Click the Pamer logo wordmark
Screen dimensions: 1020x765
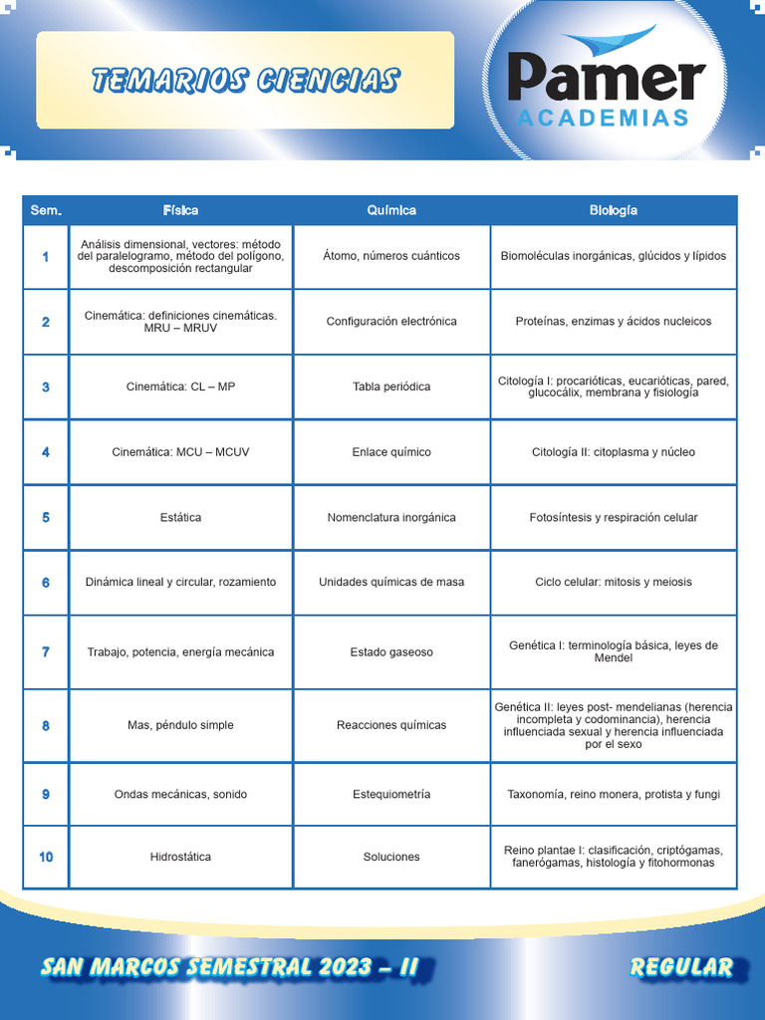(x=606, y=78)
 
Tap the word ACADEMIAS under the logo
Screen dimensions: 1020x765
(x=604, y=119)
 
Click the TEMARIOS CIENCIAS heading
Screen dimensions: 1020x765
(x=245, y=81)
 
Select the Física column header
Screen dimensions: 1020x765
(x=180, y=210)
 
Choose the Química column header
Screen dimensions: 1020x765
(x=391, y=210)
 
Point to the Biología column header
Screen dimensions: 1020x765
(x=613, y=210)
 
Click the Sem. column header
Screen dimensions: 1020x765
(x=46, y=210)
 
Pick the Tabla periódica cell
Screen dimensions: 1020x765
(x=391, y=386)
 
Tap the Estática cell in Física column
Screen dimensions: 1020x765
(x=180, y=517)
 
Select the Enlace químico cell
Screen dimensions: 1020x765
(x=391, y=452)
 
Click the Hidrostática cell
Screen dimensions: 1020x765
(x=180, y=857)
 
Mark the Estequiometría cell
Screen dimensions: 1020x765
(x=391, y=794)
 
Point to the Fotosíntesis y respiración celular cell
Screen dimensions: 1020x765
(x=613, y=517)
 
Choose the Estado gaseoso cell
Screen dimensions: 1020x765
(x=391, y=652)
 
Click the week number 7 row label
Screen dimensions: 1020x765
(x=46, y=652)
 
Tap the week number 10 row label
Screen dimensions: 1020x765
(x=46, y=857)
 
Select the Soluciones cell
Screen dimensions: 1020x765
(x=391, y=857)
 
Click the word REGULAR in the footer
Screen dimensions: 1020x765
(x=681, y=966)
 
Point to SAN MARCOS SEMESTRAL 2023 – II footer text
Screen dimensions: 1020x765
(x=229, y=966)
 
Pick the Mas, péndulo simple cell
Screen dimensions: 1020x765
(x=180, y=725)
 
